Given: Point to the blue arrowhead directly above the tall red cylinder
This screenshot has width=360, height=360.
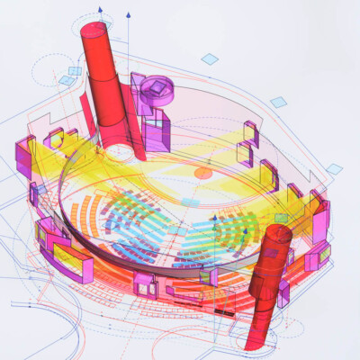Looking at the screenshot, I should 94,12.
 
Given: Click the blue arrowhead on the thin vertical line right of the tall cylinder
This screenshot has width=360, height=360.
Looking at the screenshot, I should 128,15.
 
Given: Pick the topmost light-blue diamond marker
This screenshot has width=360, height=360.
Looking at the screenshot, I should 209,58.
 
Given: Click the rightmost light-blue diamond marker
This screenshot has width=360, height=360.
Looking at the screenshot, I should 334,168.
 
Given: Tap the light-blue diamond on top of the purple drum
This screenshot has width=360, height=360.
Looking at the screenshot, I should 159,85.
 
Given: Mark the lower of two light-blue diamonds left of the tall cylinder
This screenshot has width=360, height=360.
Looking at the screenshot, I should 66,81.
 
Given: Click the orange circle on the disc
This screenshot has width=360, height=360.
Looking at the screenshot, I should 203,171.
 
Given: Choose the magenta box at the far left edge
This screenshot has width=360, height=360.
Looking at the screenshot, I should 21,155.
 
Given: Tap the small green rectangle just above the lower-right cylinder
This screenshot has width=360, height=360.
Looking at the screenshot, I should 282,219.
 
